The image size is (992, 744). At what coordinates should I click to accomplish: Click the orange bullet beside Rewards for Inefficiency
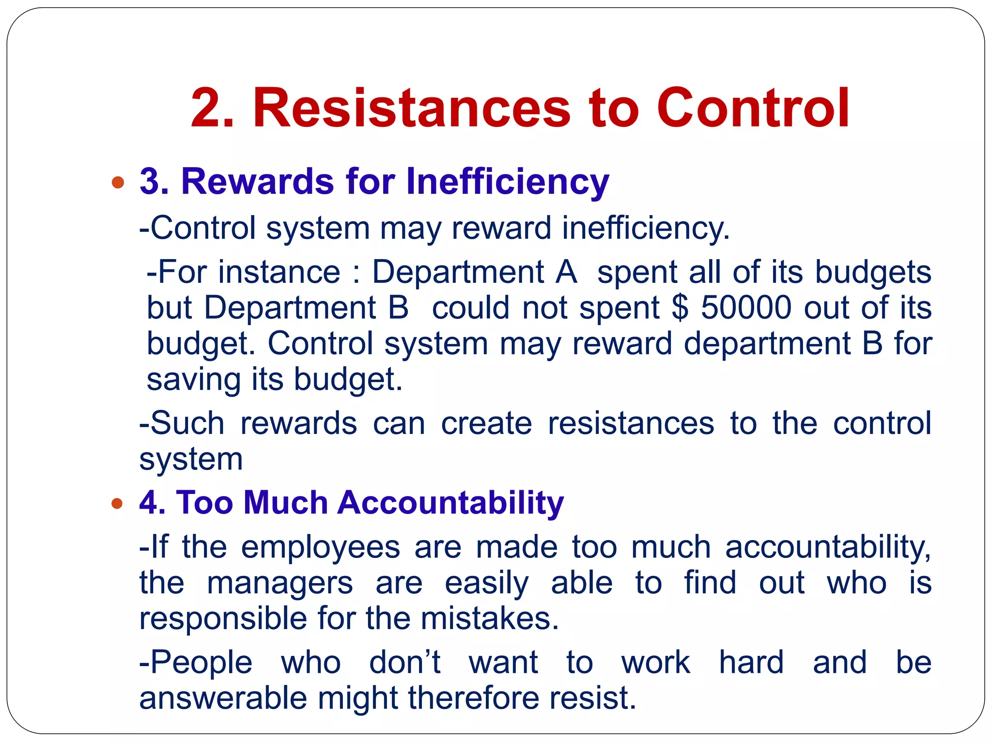(x=117, y=183)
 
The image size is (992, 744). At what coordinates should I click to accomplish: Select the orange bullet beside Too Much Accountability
(x=117, y=504)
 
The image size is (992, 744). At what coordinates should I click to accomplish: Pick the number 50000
(x=746, y=307)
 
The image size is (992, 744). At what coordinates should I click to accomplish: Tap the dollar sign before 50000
(x=680, y=307)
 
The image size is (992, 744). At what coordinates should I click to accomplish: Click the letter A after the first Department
(x=566, y=272)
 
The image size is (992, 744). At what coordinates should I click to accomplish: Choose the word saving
(x=193, y=380)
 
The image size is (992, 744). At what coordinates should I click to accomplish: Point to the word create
(x=486, y=423)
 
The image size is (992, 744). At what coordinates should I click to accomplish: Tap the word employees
(x=320, y=548)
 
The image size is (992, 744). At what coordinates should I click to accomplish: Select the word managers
(x=280, y=583)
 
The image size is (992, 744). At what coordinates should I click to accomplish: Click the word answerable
(x=223, y=698)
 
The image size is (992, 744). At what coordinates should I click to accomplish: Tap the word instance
(x=279, y=272)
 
